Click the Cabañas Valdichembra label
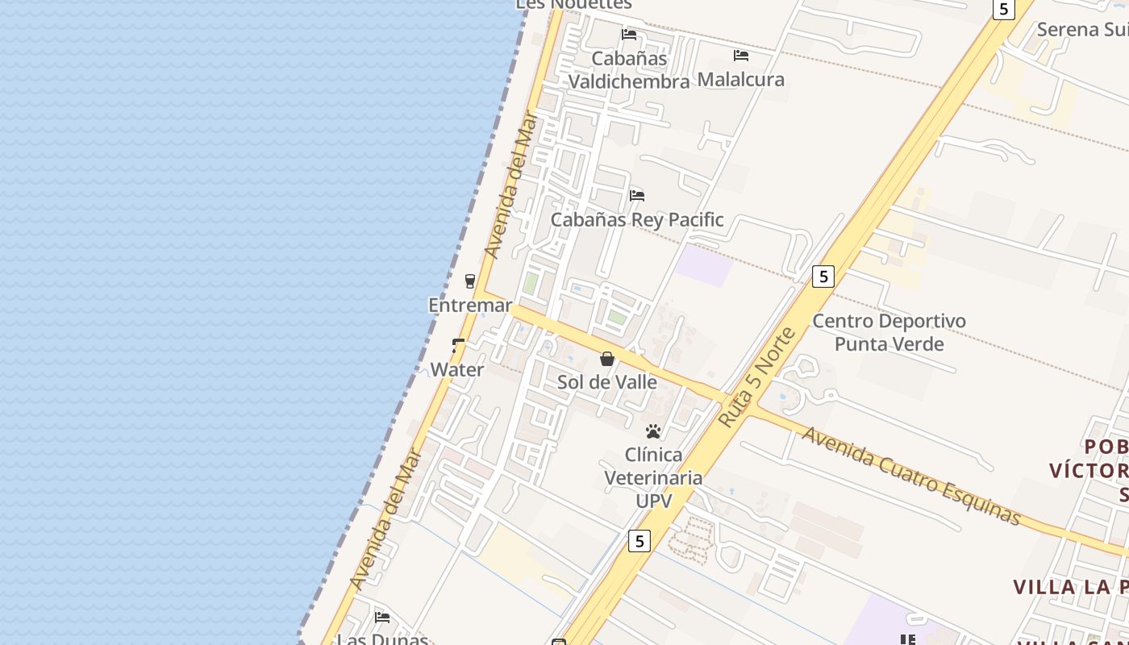coord(629,69)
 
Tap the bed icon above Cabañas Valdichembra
coord(629,35)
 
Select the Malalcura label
coord(740,79)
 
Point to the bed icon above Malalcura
coord(741,56)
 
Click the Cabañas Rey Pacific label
coord(637,219)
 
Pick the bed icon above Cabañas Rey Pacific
coord(637,196)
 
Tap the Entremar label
coord(470,306)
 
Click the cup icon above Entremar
coord(470,281)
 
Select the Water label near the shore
coord(457,370)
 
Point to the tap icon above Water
coord(458,346)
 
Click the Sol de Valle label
coord(607,382)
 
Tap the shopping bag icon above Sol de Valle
coord(607,359)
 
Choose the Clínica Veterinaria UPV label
coord(653,477)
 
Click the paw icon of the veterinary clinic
coord(653,431)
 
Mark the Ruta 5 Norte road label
coord(756,377)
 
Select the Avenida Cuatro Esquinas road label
coord(911,476)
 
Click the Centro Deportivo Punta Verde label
coord(889,332)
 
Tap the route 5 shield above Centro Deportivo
coord(823,277)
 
